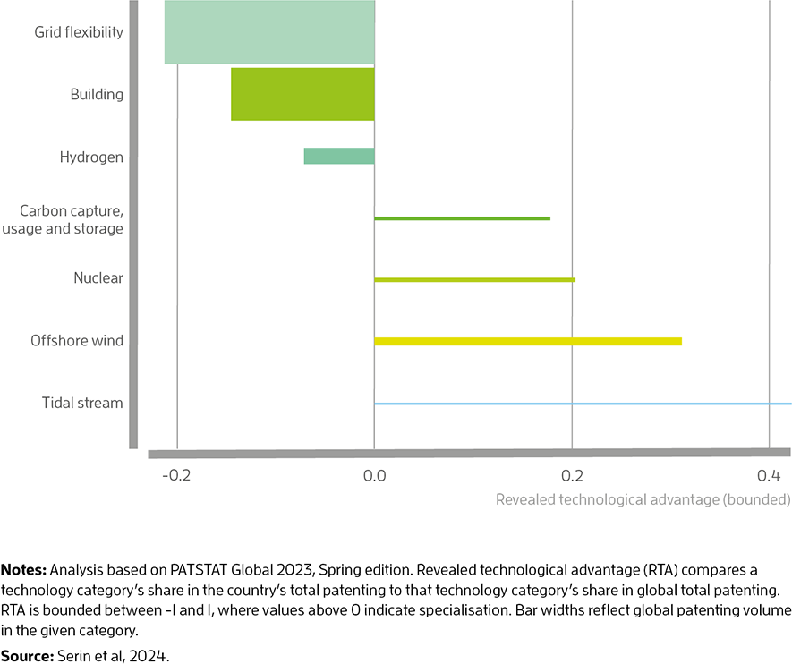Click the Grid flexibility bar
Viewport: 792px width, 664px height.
coord(269,32)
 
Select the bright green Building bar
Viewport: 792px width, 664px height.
coord(302,95)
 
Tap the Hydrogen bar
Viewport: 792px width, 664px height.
coord(339,156)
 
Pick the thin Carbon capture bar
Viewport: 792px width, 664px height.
coord(462,218)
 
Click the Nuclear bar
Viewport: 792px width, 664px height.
coord(475,280)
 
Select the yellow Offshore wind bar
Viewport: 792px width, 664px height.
coord(528,341)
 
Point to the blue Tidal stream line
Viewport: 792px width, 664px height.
coord(583,404)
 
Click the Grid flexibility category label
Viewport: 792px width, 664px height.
coord(79,32)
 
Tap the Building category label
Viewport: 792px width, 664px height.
coord(97,95)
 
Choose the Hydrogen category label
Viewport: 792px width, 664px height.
coord(91,157)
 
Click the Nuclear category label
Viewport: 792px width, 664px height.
coord(98,277)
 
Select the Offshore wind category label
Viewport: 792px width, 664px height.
coord(77,340)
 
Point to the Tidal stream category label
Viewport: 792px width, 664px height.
coord(82,403)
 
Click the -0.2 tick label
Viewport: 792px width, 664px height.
coord(176,476)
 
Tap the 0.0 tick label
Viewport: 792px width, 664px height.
coord(374,476)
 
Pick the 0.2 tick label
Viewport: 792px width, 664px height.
coord(572,476)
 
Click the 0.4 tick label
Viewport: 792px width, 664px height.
coord(769,476)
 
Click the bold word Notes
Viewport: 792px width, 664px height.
coord(24,570)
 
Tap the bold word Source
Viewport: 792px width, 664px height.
coord(27,656)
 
